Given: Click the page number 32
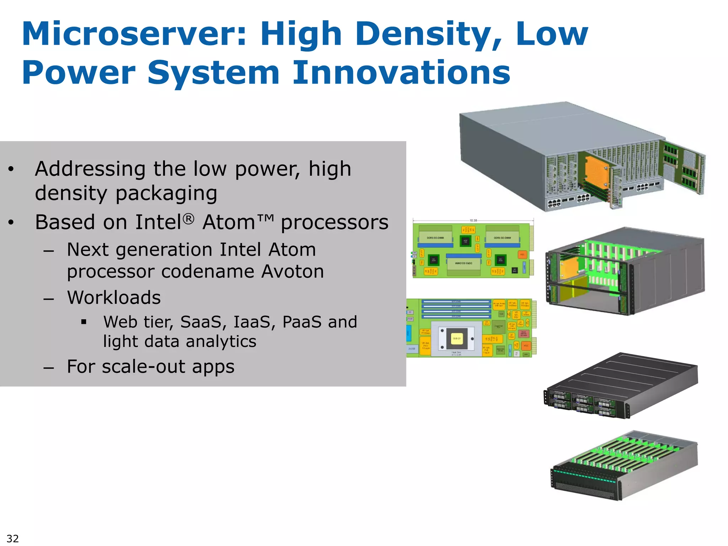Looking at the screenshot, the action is [12, 538].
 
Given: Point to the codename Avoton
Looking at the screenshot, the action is [292, 272].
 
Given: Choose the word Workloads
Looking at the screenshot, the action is [114, 298].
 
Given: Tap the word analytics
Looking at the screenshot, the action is [221, 342].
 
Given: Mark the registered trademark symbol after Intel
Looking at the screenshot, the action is [189, 219].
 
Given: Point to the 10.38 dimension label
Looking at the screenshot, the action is [473, 220].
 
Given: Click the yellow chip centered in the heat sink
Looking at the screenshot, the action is [457, 338].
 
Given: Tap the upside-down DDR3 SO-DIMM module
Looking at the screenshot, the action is [464, 263].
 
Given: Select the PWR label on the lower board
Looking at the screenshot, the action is [410, 319].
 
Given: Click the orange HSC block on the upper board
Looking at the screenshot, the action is [522, 255].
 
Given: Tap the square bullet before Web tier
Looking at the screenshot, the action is [84, 322].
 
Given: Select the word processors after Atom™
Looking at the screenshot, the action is [334, 223].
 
